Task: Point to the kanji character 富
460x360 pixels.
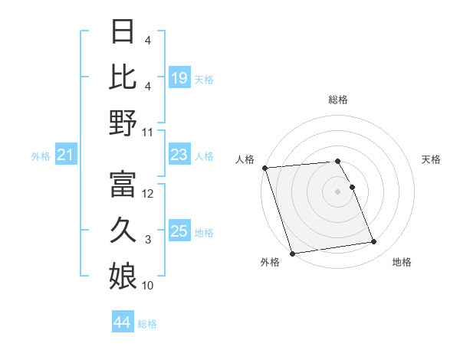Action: click(123, 184)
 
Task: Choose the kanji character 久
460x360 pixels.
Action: click(123, 228)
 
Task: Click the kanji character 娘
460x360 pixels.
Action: click(123, 274)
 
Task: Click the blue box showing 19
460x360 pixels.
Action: click(179, 77)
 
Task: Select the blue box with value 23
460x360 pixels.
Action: click(179, 155)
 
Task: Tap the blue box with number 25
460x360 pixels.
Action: click(179, 231)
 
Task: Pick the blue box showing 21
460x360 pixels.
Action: click(66, 155)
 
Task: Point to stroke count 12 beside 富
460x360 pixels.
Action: click(149, 194)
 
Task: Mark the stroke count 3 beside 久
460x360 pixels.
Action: click(148, 240)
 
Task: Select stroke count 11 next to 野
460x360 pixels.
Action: click(149, 132)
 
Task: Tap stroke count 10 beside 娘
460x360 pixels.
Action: click(149, 286)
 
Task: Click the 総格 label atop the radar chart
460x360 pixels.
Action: click(338, 100)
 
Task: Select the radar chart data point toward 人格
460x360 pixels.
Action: click(264, 168)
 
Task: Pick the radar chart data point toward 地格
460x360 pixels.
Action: click(374, 242)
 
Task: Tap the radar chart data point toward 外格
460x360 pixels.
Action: click(292, 253)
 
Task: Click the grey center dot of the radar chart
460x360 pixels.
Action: click(338, 191)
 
